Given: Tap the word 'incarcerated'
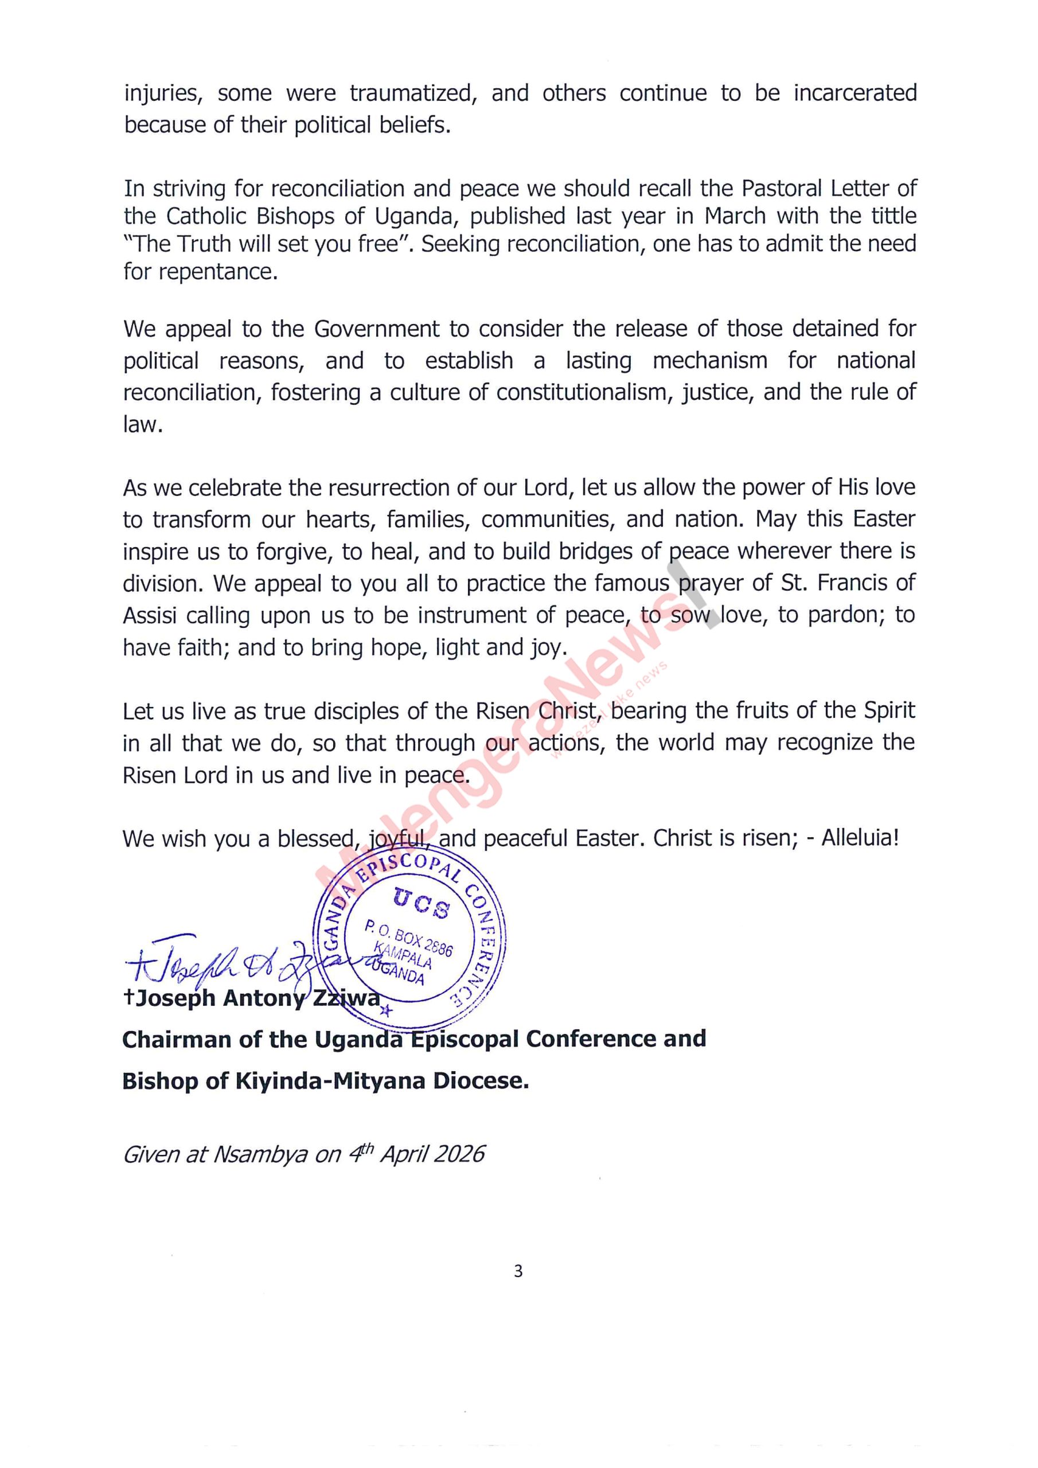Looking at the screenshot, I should coord(855,93).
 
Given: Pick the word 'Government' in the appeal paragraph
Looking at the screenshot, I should coord(377,329).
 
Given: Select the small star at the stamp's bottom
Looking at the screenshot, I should coord(385,1011).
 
